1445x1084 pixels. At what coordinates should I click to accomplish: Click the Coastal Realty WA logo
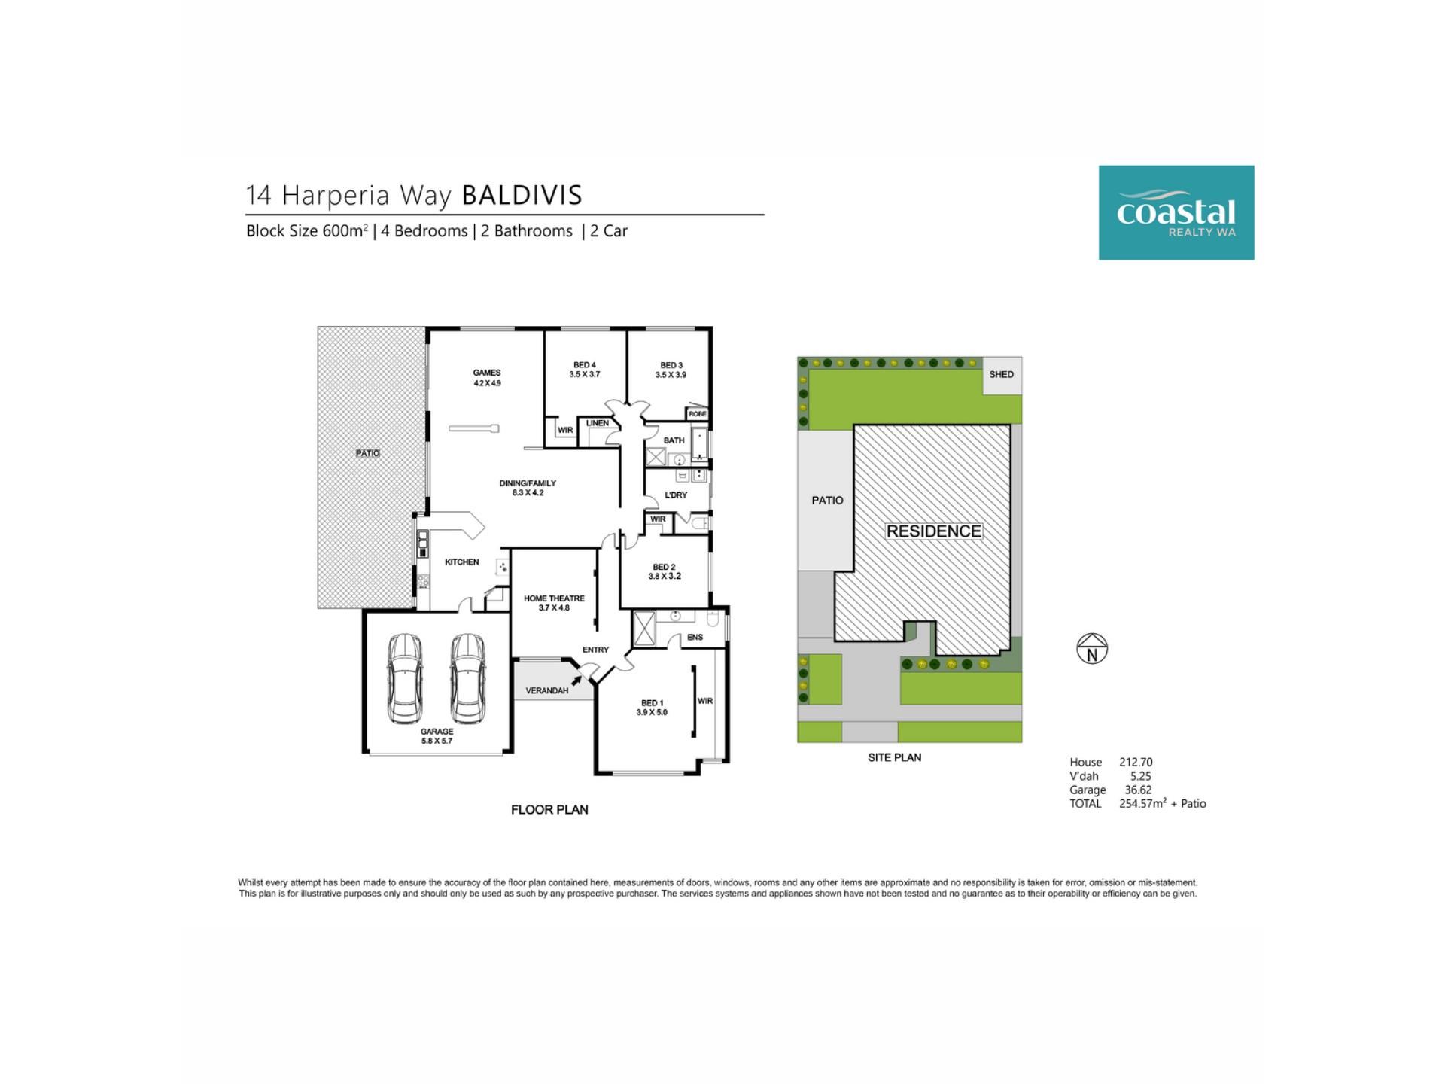[1176, 213]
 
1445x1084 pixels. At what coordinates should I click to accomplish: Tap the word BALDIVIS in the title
[522, 195]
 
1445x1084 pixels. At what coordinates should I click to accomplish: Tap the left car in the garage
[405, 677]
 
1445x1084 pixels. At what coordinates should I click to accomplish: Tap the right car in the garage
[467, 677]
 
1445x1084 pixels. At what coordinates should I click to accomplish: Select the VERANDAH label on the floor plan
[547, 690]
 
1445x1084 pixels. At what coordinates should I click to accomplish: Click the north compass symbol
[1092, 648]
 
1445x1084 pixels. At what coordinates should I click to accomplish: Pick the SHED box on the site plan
[1002, 375]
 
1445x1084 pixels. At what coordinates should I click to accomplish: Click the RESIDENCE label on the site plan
[933, 531]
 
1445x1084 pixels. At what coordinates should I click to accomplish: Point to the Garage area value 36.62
[1138, 790]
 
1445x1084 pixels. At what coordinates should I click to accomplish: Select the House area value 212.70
[1136, 762]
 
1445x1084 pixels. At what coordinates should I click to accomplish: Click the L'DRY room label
[676, 495]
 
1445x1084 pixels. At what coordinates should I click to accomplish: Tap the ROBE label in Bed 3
[698, 414]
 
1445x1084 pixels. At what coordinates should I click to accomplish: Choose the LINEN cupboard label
[598, 423]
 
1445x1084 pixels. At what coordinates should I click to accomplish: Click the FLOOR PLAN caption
[549, 810]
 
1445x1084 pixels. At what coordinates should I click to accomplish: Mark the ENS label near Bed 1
[695, 638]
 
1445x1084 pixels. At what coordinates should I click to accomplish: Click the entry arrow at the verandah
[576, 681]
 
